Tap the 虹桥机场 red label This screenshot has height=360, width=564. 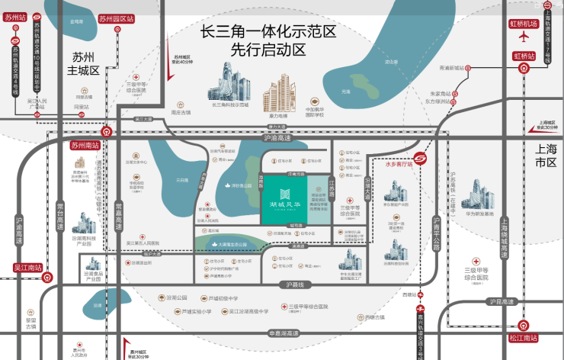click(x=524, y=24)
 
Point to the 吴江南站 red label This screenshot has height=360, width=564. click(x=27, y=268)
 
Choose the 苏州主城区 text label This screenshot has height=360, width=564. click(x=83, y=64)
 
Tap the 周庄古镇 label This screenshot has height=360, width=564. click(x=181, y=112)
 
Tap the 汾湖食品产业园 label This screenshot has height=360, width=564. click(x=94, y=276)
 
